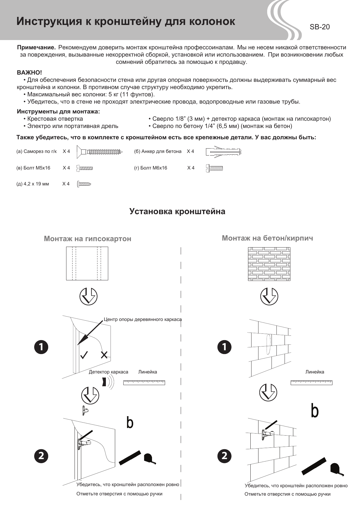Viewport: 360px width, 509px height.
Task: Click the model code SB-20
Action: click(319, 27)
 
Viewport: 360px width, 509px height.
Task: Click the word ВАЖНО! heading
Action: click(29, 72)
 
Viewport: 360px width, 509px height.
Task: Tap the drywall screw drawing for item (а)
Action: click(100, 151)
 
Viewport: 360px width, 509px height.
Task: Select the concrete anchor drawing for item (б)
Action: click(223, 152)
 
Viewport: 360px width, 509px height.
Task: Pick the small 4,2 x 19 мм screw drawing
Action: click(84, 184)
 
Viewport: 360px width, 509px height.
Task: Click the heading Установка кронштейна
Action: click(177, 211)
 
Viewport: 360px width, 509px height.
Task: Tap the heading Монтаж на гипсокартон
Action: click(87, 239)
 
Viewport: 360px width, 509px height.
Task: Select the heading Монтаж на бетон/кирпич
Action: click(267, 238)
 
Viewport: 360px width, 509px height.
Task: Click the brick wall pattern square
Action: click(269, 264)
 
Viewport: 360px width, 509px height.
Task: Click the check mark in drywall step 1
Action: click(84, 355)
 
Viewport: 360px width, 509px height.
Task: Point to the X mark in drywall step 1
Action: click(104, 355)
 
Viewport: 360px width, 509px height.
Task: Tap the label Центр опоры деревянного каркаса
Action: click(142, 320)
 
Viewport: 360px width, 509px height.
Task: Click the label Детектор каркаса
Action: click(108, 372)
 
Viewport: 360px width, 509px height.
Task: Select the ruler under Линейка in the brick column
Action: click(311, 382)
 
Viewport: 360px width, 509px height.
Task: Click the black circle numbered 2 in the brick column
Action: click(225, 456)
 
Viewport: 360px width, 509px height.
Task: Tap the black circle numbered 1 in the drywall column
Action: click(41, 347)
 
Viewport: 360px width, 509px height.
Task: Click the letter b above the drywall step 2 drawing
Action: click(130, 423)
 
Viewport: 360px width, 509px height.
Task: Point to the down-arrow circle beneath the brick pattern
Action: click(269, 296)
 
